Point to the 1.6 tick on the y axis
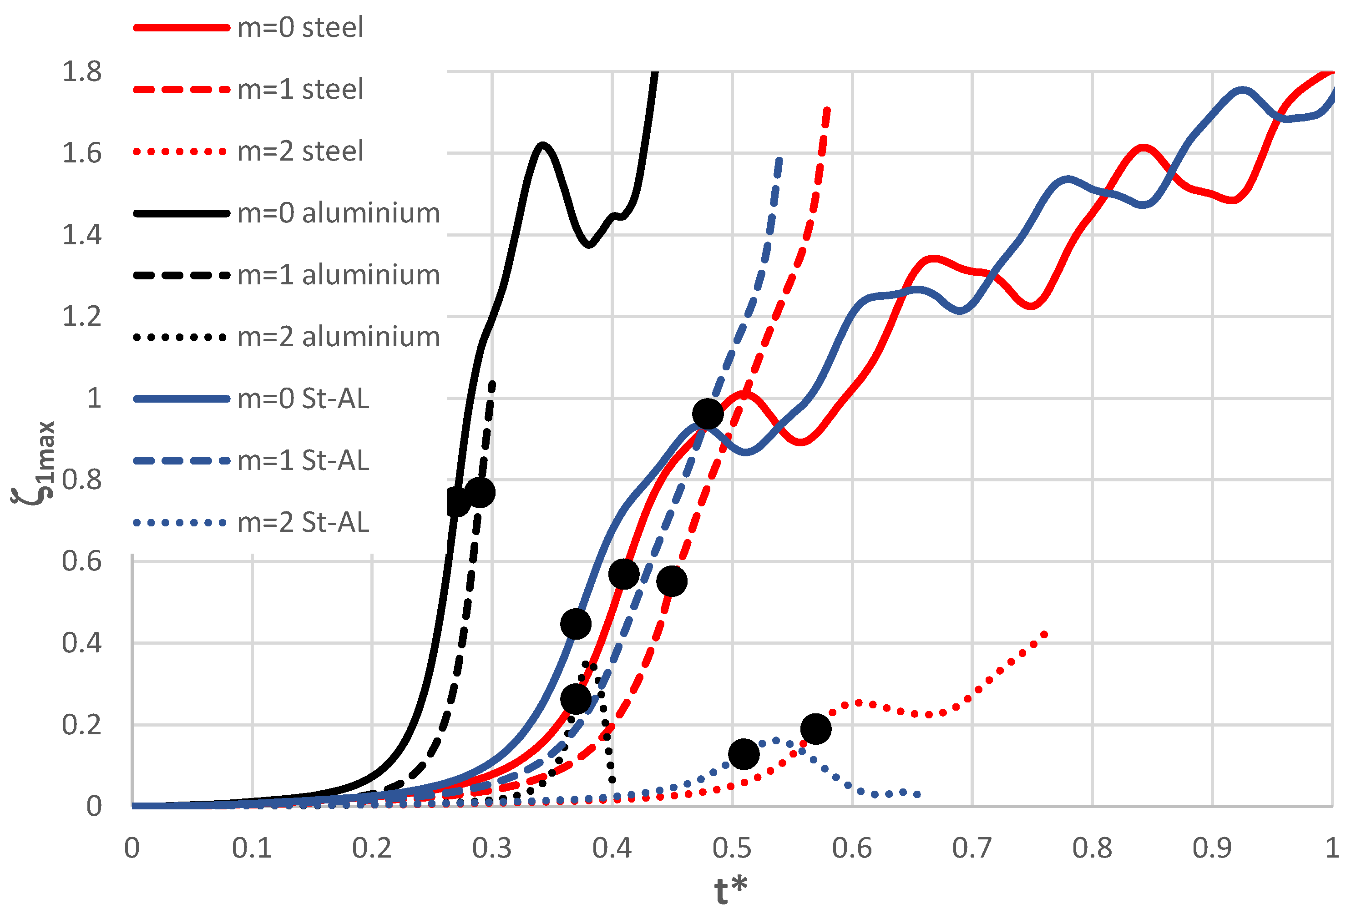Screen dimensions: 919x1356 click(82, 153)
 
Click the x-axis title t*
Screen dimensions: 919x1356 click(730, 890)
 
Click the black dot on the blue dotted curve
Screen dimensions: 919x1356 click(744, 754)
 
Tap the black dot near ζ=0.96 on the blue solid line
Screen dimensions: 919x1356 click(708, 414)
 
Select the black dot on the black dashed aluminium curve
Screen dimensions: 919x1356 click(480, 492)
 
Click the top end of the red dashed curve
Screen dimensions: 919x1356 click(827, 109)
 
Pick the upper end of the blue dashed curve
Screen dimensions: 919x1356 click(779, 159)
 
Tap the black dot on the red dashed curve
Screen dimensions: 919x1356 click(672, 581)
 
